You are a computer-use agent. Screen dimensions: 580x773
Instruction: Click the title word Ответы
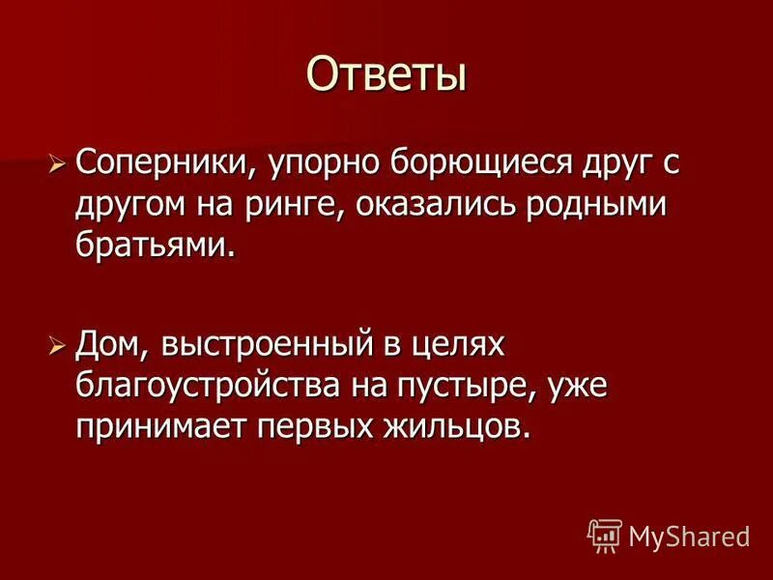click(386, 73)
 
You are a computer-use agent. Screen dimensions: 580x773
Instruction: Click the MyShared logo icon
click(604, 535)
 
